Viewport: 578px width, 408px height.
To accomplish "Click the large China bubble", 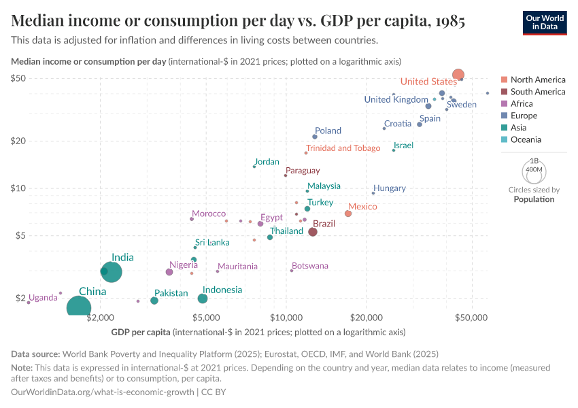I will [79, 307].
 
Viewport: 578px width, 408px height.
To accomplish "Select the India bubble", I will [112, 272].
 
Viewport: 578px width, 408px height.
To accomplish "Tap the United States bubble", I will [458, 75].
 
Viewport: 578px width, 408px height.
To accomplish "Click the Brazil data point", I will [313, 232].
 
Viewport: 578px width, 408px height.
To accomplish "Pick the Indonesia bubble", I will [203, 299].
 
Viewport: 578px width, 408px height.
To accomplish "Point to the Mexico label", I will [362, 206].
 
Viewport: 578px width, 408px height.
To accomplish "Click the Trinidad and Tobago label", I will [343, 148].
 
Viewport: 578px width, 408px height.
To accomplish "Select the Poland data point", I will [315, 137].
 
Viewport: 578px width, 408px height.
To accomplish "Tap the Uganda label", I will [43, 297].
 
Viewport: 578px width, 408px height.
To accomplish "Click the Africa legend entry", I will [522, 103].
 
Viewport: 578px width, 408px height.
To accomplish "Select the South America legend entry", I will [537, 92].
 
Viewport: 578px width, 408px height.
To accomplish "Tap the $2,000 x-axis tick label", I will [101, 318].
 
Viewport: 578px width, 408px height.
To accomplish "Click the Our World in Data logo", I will [545, 22].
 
